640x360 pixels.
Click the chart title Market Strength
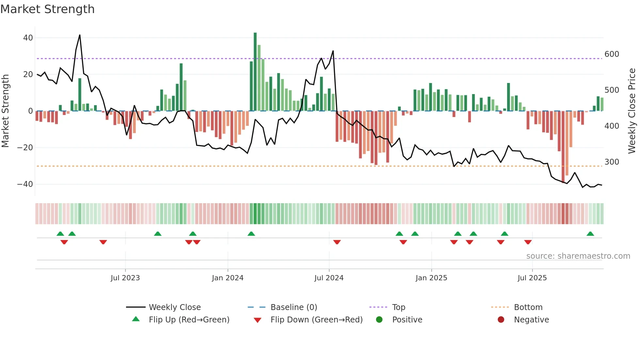(47, 9)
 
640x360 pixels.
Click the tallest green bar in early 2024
(255, 72)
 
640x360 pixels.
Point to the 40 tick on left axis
(28, 38)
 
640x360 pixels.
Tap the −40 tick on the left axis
(25, 184)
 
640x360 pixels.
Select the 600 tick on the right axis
(612, 54)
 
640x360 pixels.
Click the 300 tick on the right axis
(612, 162)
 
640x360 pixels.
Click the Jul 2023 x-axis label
(125, 278)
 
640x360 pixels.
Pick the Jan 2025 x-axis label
(431, 278)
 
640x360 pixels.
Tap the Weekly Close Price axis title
(632, 111)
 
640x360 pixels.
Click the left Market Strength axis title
(5, 111)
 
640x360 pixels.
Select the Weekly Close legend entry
(175, 307)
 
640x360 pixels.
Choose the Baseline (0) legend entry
(294, 307)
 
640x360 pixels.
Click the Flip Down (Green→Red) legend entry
(316, 320)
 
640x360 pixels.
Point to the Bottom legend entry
(528, 307)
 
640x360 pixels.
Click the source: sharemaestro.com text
(578, 256)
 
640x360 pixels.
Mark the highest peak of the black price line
(80, 35)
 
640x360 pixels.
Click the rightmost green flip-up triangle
(590, 234)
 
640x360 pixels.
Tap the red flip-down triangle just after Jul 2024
(337, 242)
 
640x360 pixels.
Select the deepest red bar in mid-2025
(563, 147)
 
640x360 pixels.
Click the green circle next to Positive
(379, 320)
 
